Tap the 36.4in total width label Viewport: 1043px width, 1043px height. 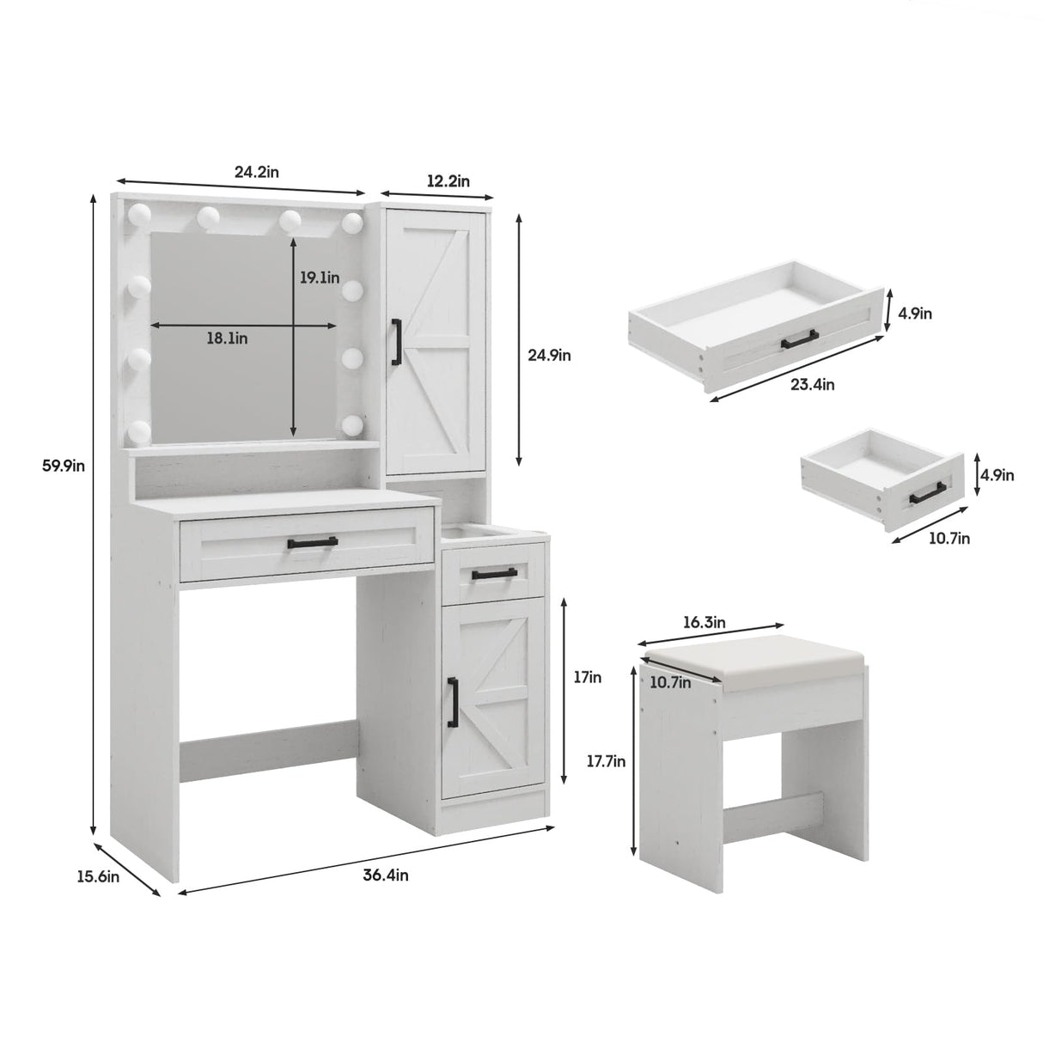(385, 875)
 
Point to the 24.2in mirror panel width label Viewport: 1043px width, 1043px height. (256, 171)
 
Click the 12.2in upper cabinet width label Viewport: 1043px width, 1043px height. (448, 180)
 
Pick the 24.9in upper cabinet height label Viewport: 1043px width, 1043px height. (549, 354)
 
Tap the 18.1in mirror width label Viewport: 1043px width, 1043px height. (227, 339)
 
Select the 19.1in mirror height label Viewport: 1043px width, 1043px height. (320, 278)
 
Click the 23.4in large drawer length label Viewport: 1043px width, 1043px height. (813, 384)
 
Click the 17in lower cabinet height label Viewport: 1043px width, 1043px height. (589, 677)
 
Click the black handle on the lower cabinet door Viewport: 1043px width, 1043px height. (453, 700)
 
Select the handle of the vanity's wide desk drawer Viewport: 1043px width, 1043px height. (312, 542)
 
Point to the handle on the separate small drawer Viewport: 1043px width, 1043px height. (928, 491)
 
